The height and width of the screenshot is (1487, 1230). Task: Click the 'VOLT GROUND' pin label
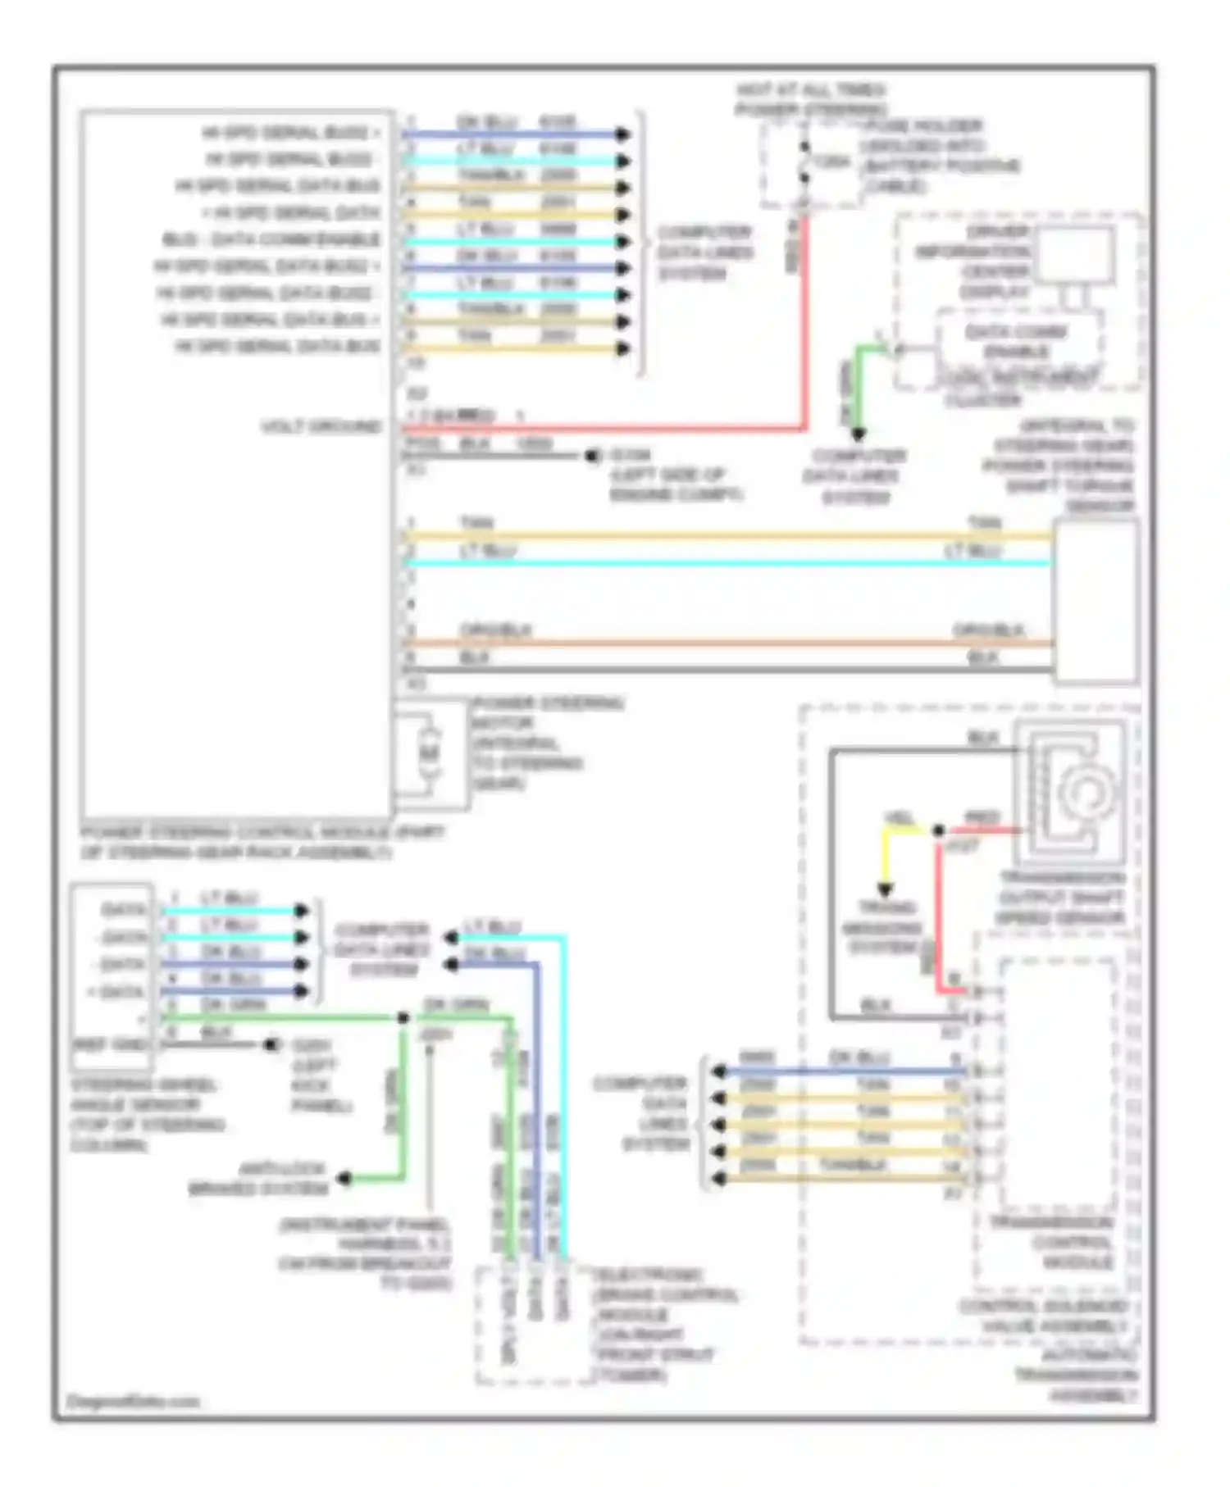[321, 427]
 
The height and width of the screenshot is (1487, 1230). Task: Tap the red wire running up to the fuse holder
[804, 328]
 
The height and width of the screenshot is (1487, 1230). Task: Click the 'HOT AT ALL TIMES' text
[810, 89]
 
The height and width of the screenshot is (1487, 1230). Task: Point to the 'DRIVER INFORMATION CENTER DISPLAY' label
[973, 261]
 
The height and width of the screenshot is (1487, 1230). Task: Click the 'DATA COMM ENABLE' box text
[1017, 341]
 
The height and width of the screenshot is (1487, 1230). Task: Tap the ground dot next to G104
[592, 456]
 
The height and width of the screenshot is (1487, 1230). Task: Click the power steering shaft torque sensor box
[1096, 600]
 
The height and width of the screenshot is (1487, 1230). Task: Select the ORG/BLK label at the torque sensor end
[988, 630]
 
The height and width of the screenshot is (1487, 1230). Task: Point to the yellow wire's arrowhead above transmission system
[886, 889]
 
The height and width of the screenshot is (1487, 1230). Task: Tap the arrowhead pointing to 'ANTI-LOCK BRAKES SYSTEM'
[345, 1179]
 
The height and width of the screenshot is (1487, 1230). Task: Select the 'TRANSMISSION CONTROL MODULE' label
[1053, 1242]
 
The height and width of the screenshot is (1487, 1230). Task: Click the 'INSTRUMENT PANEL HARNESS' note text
[365, 1254]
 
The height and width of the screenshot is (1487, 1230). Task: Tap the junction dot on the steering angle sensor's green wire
[403, 1018]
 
